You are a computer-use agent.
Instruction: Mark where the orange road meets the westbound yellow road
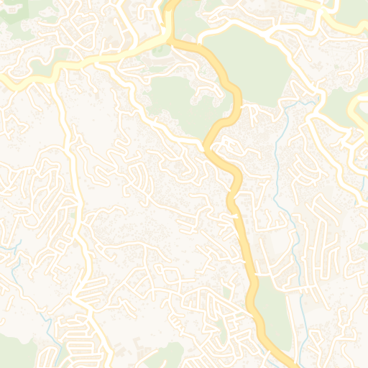pos(171,42)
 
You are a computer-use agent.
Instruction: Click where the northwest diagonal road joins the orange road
pos(206,147)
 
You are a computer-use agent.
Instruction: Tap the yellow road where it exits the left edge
pos(3,80)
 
